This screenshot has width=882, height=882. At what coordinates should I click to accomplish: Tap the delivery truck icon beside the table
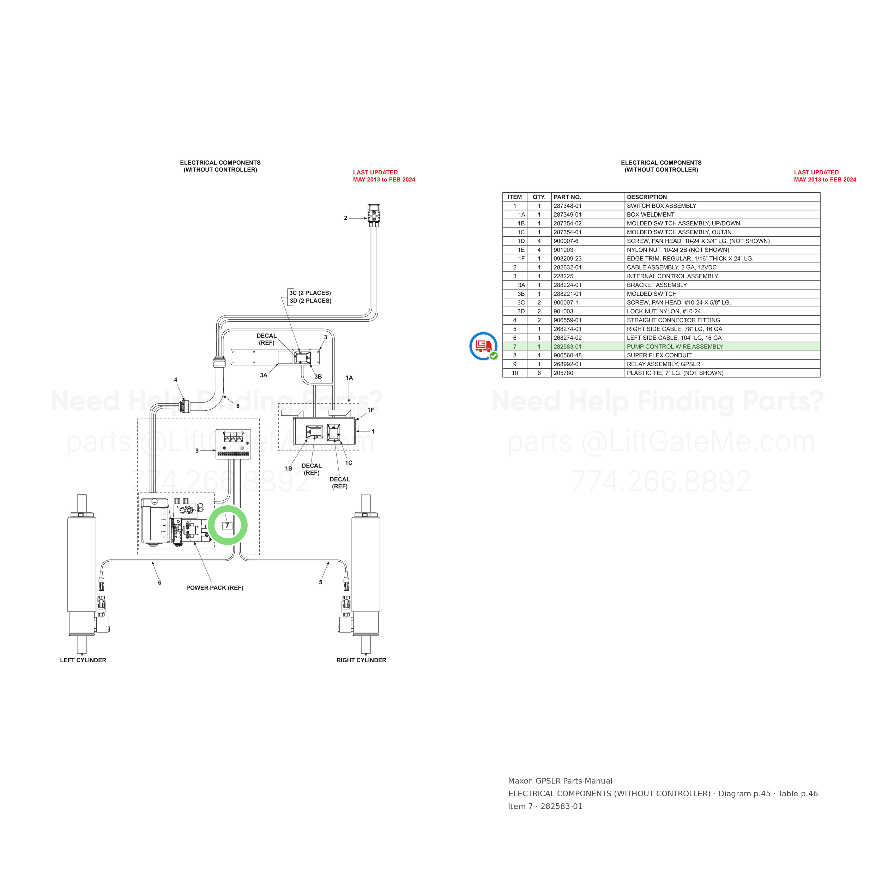(483, 346)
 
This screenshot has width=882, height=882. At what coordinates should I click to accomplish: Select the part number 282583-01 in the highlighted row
(567, 346)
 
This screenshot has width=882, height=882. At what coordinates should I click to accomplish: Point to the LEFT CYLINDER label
(83, 660)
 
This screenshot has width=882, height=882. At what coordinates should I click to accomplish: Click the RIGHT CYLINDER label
(361, 660)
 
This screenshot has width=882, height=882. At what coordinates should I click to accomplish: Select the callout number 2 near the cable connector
(346, 218)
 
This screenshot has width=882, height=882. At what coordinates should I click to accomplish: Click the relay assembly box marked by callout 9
(233, 444)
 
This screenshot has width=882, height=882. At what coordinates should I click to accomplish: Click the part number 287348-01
(567, 206)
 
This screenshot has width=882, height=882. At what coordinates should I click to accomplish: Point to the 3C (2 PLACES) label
(310, 293)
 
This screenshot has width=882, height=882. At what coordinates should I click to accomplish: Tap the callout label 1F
(371, 410)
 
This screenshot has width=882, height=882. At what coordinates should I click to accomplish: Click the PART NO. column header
(567, 197)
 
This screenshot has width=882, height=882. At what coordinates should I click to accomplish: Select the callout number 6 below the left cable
(160, 582)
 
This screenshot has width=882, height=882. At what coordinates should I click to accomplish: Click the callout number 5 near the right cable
(320, 582)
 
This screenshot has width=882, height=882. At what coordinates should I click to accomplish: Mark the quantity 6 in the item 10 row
(539, 373)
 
